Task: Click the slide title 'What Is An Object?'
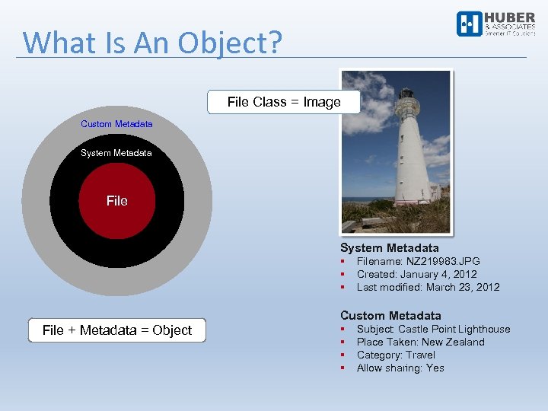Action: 152,43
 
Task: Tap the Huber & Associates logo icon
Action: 469,24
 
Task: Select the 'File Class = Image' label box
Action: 284,102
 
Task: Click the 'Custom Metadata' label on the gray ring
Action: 116,124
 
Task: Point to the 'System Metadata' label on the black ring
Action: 116,153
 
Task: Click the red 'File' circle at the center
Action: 117,201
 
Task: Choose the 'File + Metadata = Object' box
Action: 117,330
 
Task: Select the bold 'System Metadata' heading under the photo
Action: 390,248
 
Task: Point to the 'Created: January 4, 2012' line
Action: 417,274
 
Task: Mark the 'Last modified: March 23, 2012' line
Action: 429,287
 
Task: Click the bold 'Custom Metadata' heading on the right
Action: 390,315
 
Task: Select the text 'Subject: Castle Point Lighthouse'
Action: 434,329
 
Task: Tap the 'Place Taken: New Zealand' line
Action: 421,342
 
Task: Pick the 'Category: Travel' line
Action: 397,355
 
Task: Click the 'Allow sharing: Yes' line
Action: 400,368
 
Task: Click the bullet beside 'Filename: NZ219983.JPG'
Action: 343,261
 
